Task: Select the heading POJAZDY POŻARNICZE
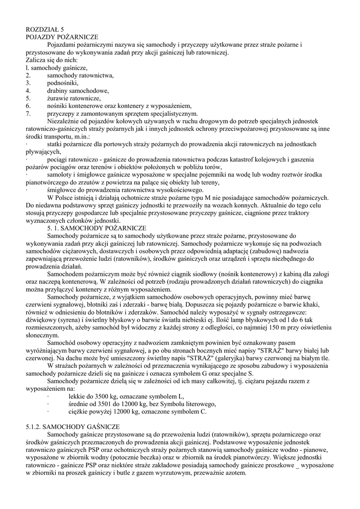[x=62, y=37]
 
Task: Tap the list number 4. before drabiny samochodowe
[x=28, y=90]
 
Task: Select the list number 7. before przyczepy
[x=28, y=113]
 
